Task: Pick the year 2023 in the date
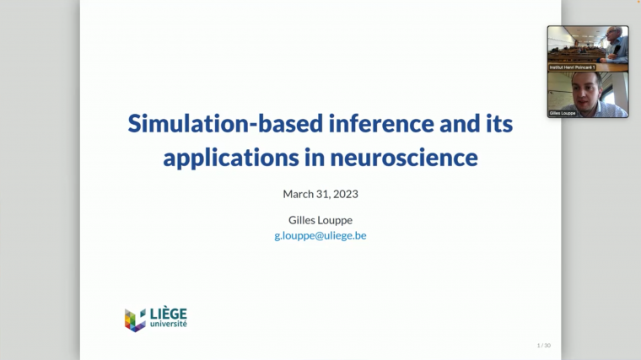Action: (345, 194)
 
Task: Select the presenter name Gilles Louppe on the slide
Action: (320, 219)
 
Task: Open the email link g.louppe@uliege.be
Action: (320, 235)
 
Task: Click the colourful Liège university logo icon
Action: (135, 320)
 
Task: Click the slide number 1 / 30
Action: (543, 345)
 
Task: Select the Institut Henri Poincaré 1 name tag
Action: (572, 67)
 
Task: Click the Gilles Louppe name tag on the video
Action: (563, 112)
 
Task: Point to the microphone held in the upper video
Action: (617, 51)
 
